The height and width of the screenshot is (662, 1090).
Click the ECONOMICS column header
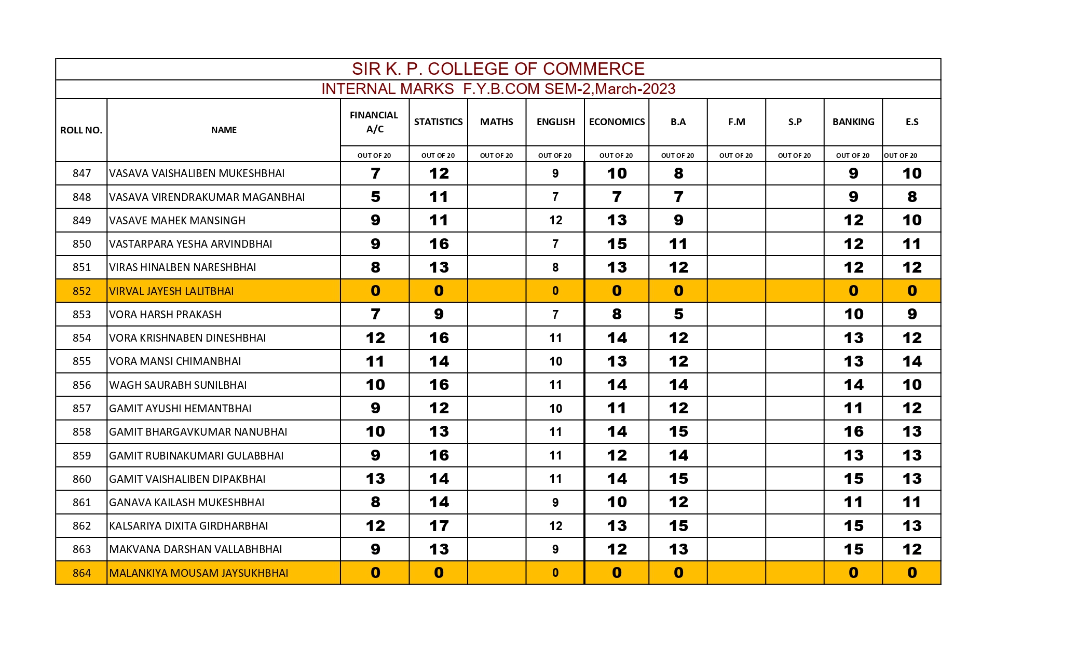617,122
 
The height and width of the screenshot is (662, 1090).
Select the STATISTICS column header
438,122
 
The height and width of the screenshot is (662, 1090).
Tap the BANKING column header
853,122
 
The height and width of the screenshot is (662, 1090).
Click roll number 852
81,291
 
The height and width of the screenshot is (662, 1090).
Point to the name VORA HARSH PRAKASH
165,315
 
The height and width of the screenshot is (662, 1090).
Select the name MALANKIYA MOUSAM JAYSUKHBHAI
198,573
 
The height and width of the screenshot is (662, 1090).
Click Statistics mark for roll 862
439,526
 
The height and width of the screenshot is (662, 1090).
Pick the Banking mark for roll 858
853,432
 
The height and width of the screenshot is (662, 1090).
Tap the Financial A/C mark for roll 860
375,479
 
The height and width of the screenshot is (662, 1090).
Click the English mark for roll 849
555,221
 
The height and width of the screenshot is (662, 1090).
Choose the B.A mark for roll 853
678,315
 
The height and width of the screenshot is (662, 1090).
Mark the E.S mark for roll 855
911,361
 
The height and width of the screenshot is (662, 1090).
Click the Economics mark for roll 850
617,244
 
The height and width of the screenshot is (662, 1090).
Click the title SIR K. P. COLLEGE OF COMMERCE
498,69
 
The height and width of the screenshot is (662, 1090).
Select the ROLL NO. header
81,130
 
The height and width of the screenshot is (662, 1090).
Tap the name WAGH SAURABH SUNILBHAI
178,385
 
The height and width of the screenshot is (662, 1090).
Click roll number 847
81,173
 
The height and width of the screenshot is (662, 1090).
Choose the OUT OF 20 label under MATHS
496,155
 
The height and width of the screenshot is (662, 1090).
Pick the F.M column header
736,122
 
